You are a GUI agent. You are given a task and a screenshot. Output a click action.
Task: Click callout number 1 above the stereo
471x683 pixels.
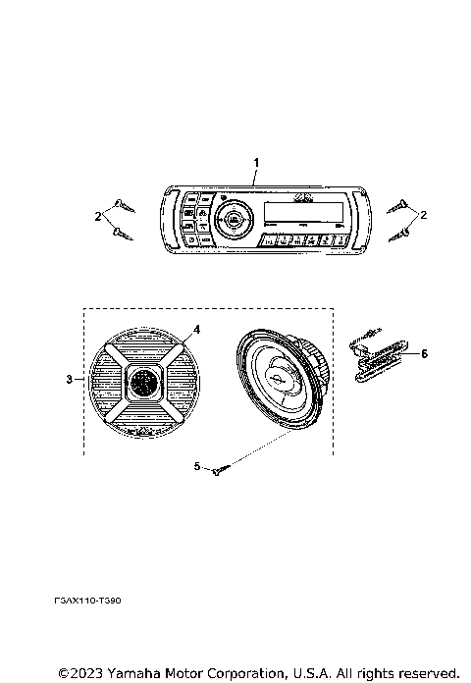pos(257,161)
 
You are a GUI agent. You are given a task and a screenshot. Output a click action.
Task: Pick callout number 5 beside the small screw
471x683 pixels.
pos(196,468)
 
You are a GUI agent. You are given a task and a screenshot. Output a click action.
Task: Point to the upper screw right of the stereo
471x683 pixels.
pos(400,205)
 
